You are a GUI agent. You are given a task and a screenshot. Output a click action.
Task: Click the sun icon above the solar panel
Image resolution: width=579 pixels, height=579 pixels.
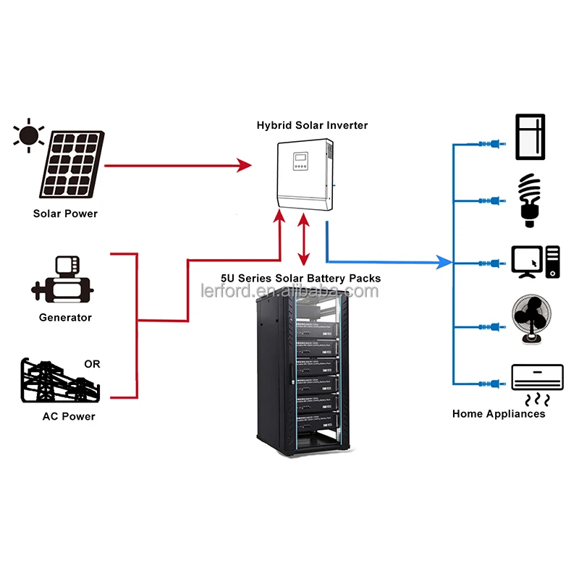(x=28, y=135)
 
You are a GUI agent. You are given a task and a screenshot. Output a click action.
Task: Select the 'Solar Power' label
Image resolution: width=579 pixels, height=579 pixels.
(x=65, y=214)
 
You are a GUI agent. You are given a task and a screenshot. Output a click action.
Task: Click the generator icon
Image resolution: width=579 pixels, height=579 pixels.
(x=62, y=278)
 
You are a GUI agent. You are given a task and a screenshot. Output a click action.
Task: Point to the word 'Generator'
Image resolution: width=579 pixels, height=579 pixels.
(x=65, y=317)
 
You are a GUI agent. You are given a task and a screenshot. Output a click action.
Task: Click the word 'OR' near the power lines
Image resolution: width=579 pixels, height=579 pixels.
(x=92, y=364)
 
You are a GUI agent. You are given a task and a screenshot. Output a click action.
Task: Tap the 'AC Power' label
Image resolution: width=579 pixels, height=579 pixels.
(x=68, y=416)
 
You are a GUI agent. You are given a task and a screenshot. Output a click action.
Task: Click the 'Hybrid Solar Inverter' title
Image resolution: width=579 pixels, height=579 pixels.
(x=312, y=125)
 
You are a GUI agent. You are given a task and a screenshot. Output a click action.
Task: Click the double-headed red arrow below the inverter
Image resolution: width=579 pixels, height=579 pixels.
(x=304, y=244)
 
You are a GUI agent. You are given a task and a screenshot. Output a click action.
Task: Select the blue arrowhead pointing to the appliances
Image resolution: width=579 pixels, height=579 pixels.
(x=444, y=261)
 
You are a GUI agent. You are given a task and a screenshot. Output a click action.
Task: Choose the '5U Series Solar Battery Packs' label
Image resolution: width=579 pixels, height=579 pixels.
(x=300, y=278)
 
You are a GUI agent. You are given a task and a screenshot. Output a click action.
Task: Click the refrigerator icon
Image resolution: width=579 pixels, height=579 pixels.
(x=530, y=136)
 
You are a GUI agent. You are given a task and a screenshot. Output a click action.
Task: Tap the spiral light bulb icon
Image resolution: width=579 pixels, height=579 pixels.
(x=531, y=197)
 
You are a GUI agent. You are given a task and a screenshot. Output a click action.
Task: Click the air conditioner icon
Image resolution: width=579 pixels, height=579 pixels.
(x=537, y=377)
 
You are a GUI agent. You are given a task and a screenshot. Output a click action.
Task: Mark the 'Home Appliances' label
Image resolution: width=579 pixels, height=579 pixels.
(x=499, y=414)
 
